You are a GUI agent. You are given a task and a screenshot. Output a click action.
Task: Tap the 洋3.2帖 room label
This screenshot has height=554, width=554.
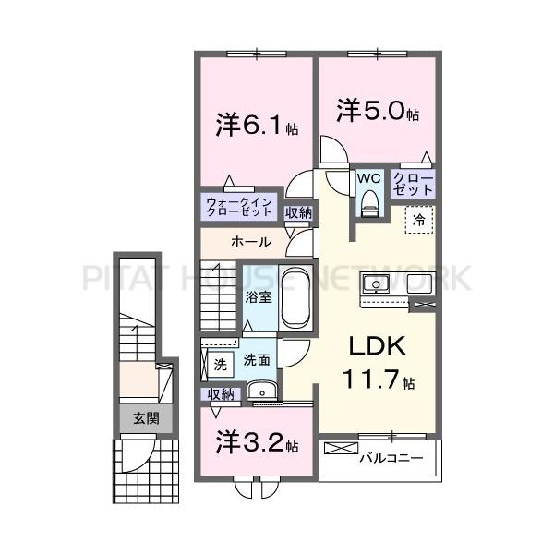(257, 442)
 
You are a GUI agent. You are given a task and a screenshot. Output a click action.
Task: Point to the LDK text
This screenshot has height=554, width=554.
(377, 346)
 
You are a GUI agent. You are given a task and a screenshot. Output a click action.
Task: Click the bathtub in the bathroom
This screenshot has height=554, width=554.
(295, 297)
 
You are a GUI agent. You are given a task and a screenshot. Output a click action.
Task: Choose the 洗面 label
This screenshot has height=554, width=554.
(257, 361)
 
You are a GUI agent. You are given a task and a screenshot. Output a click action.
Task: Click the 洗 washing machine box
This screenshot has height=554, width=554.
(220, 364)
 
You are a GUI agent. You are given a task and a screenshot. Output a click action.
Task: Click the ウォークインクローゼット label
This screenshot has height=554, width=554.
(238, 206)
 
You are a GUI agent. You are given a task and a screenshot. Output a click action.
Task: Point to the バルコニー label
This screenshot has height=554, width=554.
(391, 457)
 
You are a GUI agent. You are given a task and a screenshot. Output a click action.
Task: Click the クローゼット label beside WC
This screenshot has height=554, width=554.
(413, 182)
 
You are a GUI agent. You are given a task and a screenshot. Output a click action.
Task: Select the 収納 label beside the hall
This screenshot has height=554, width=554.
(298, 213)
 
